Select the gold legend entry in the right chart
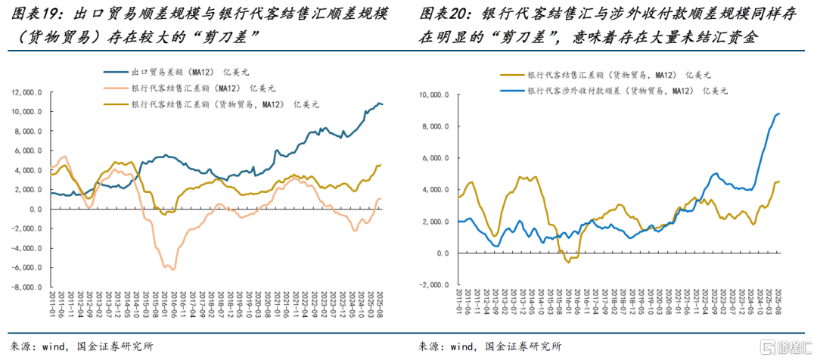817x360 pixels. point(606,76)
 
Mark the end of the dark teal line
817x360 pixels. point(382,104)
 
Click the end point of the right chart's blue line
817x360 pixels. point(779,113)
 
